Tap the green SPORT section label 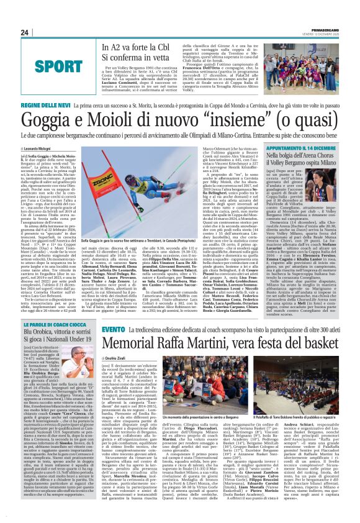(39, 65)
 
